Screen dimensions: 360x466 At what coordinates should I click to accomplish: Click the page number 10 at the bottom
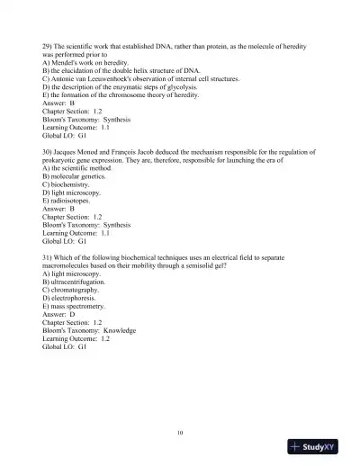tap(180, 433)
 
